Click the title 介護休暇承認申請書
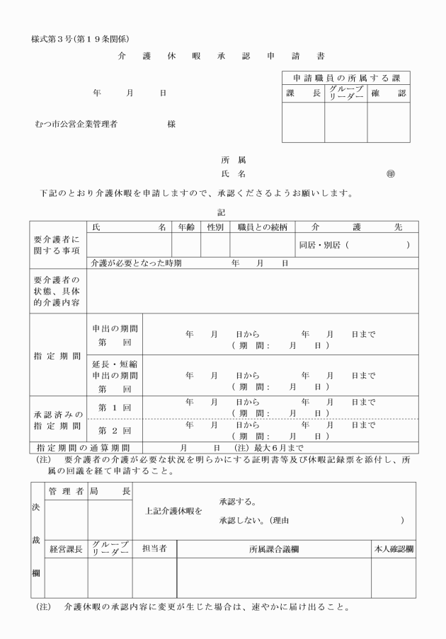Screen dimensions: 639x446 click(x=223, y=56)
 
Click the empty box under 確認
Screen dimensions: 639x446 click(x=389, y=122)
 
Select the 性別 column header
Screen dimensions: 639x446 click(x=215, y=227)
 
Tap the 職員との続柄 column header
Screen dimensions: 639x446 click(x=262, y=227)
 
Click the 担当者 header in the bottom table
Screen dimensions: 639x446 click(x=154, y=548)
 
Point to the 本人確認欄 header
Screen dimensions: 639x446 click(x=394, y=548)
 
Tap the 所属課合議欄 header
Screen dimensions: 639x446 click(x=274, y=548)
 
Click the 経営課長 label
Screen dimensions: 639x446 click(x=66, y=548)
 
